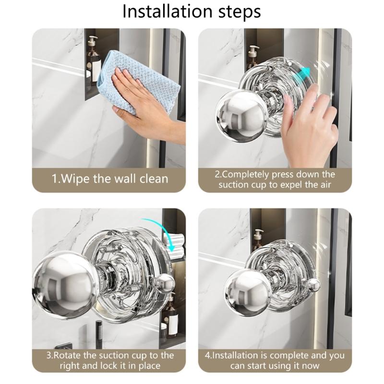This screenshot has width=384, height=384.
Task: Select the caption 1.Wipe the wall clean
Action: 110,179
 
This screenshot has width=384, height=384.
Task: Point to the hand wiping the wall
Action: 144,103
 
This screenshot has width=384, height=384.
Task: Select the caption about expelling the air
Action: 275,179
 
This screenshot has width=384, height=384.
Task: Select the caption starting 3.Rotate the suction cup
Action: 110,360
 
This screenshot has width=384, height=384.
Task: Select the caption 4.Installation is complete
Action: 275,360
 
